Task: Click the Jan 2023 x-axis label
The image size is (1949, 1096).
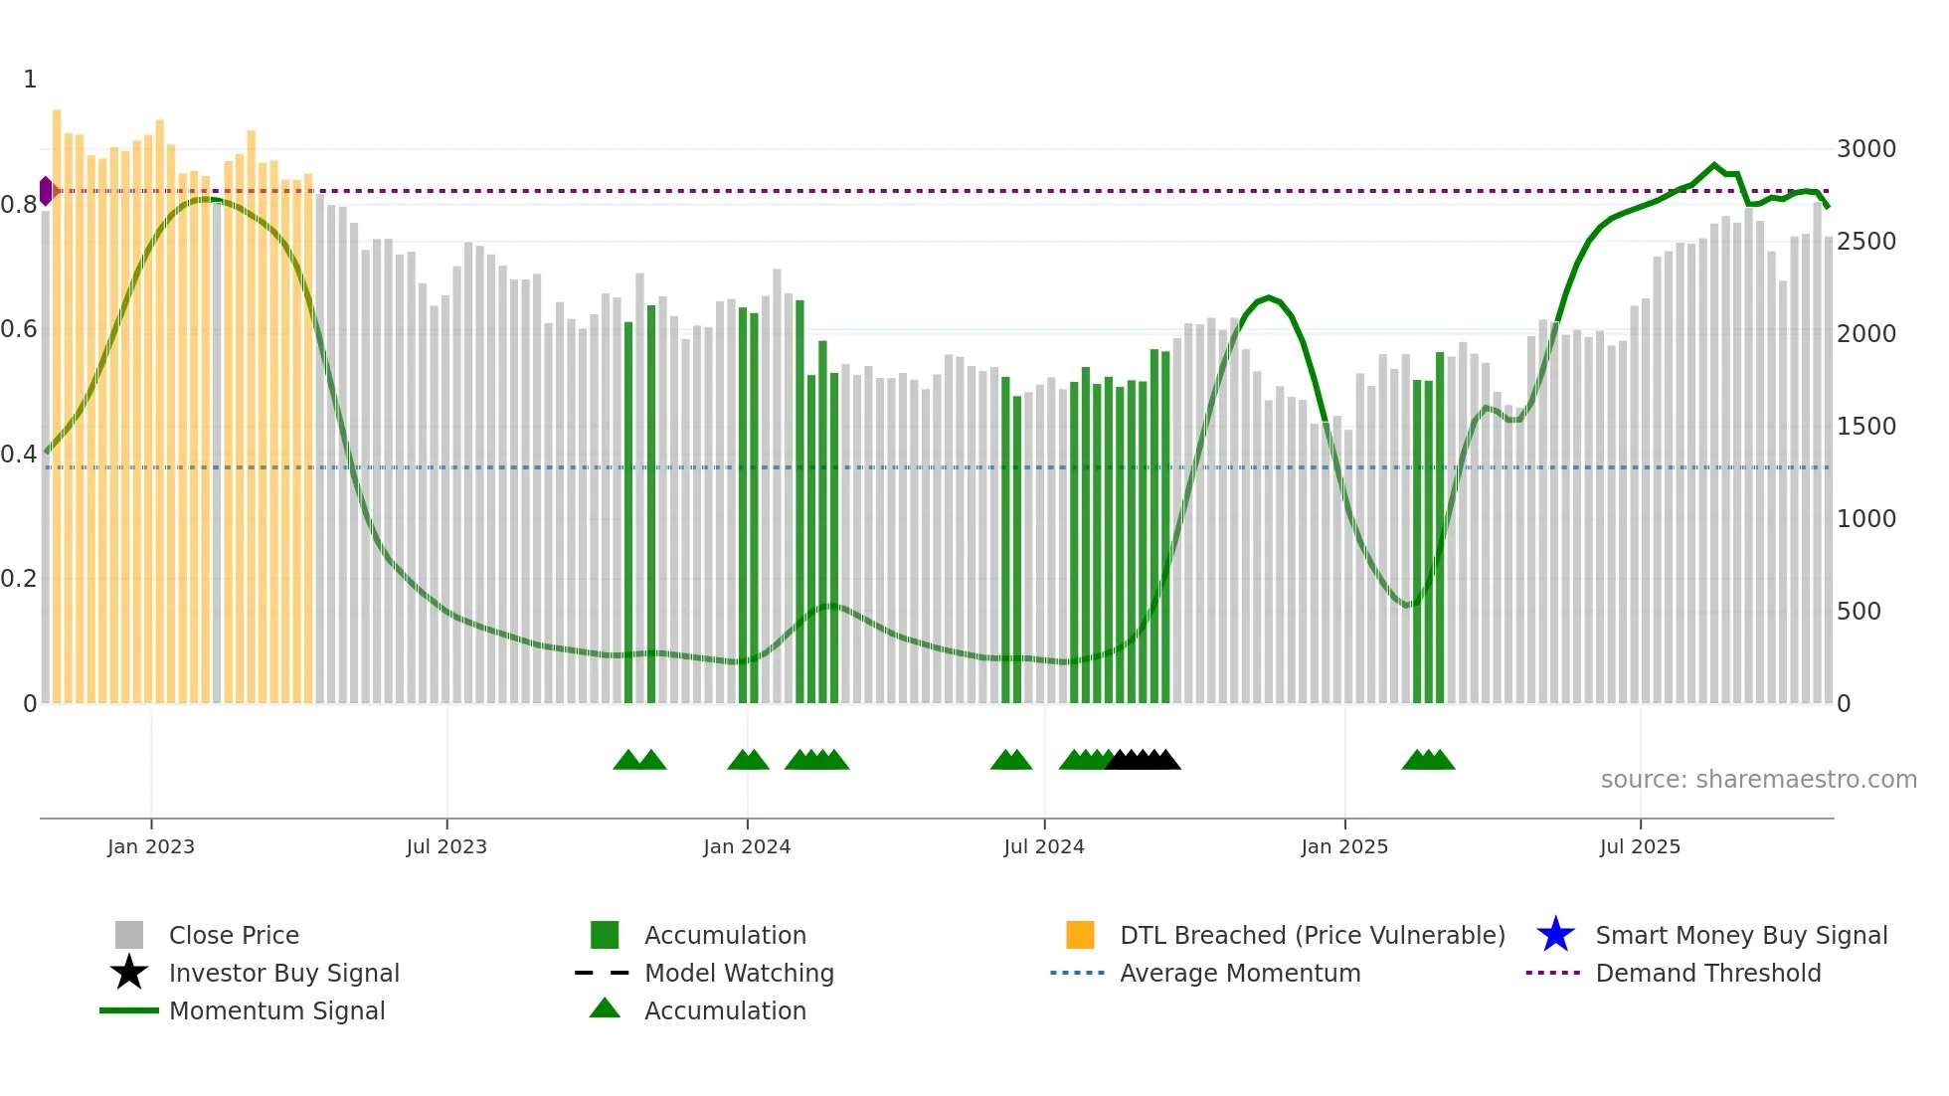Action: click(x=151, y=846)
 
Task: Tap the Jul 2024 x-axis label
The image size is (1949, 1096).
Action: click(x=1043, y=846)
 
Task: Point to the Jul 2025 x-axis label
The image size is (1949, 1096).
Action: click(x=1640, y=846)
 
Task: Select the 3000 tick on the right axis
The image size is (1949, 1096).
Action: click(x=1865, y=149)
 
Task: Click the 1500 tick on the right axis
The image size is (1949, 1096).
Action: click(x=1865, y=427)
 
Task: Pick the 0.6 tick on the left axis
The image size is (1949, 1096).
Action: click(x=19, y=329)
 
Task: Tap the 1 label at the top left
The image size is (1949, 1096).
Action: click(x=30, y=80)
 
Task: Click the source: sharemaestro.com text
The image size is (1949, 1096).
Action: click(x=1758, y=780)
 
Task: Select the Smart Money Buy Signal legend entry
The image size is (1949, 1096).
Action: click(x=1740, y=936)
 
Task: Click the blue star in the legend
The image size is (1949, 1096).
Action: click(x=1555, y=935)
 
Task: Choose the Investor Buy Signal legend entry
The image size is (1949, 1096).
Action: click(x=283, y=974)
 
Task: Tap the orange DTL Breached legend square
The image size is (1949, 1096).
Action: click(x=1080, y=935)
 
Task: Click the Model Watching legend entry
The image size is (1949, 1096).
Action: click(x=738, y=974)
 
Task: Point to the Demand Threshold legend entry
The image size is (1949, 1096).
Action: click(x=1707, y=974)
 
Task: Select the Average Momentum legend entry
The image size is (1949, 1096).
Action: click(x=1239, y=974)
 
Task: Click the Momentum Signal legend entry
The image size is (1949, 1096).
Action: click(x=276, y=1011)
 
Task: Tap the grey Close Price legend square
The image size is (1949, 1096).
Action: click(x=129, y=935)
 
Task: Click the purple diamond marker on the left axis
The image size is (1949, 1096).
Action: click(x=46, y=191)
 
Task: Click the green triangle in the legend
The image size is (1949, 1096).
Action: click(x=605, y=1009)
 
